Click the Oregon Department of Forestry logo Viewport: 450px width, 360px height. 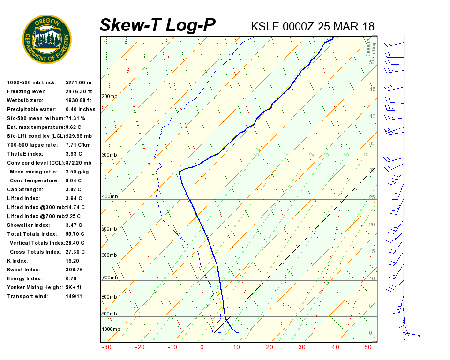pos(47,39)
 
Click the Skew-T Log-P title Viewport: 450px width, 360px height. pos(157,25)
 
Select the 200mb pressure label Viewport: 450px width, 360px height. pos(109,97)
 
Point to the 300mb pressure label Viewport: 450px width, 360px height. pos(109,155)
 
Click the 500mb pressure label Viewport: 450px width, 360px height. pos(109,229)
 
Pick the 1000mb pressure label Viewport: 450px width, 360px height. pos(111,330)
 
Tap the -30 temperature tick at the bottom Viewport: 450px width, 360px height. pos(106,347)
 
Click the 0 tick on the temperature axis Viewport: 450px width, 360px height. pos(202,347)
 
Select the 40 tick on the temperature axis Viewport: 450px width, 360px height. pos(335,347)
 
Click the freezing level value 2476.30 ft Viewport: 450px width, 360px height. pos(79,92)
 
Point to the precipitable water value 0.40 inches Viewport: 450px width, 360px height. pos(80,110)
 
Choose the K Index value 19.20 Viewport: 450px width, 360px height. pos(73,261)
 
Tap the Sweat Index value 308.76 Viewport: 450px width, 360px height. pos(74,270)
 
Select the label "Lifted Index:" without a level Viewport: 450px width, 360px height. pos(22,199)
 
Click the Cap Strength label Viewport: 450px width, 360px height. pos(25,190)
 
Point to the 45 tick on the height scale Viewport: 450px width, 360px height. pos(372,90)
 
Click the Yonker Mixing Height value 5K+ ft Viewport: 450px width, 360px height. pos(74,288)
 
